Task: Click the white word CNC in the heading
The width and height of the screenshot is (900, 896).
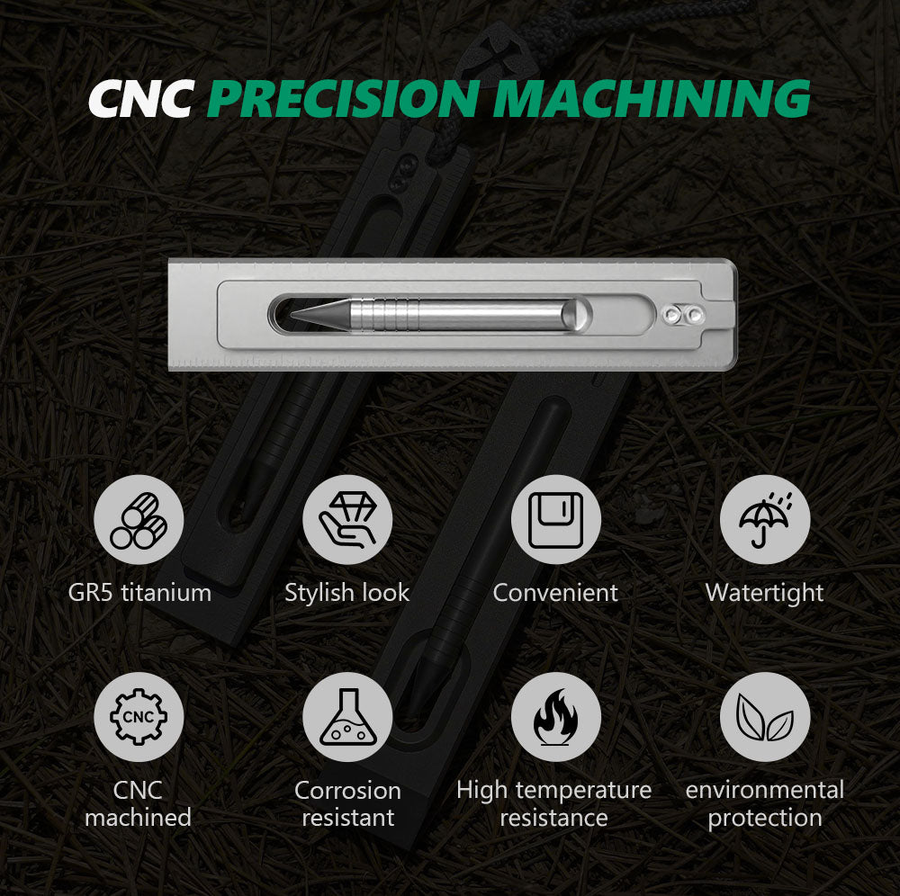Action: tap(141, 99)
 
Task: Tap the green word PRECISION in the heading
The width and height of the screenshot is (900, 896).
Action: tap(344, 98)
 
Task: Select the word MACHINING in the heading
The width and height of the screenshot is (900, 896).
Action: tap(652, 98)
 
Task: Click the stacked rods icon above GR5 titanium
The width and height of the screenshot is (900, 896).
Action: tap(139, 520)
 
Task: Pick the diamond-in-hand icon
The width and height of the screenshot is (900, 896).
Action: tap(347, 520)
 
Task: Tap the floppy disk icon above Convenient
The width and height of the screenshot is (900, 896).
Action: tap(555, 520)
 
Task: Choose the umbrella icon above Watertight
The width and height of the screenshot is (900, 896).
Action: tap(764, 520)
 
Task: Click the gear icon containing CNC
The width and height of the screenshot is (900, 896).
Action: tap(139, 717)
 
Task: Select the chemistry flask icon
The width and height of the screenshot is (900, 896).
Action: tap(347, 717)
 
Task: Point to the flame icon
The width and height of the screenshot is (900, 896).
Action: tap(555, 717)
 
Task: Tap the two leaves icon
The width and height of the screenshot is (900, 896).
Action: tap(764, 717)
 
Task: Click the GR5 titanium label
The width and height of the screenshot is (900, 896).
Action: tap(139, 593)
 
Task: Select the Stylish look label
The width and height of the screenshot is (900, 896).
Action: tap(347, 593)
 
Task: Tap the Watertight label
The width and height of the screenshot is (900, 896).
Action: tap(764, 593)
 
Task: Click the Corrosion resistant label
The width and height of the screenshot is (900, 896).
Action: tap(347, 803)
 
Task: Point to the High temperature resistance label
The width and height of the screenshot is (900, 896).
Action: tap(553, 803)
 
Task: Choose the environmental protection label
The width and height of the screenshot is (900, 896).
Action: tap(764, 803)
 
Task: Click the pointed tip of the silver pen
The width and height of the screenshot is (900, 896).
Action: tap(292, 314)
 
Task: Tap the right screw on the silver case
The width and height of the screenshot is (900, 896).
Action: tap(695, 314)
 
